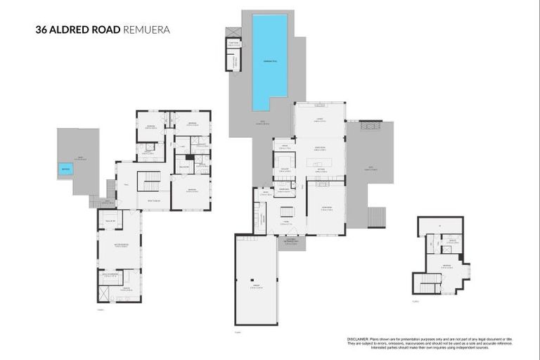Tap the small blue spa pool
click(x=65, y=169)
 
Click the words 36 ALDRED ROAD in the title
click(x=78, y=30)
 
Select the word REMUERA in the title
click(x=147, y=30)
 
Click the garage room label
click(x=256, y=285)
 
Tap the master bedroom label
click(x=120, y=245)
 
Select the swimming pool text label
click(x=270, y=60)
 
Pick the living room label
click(x=326, y=208)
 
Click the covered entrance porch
click(x=288, y=243)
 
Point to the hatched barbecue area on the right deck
click(x=367, y=126)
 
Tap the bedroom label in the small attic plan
click(x=446, y=265)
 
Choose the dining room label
click(x=319, y=147)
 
